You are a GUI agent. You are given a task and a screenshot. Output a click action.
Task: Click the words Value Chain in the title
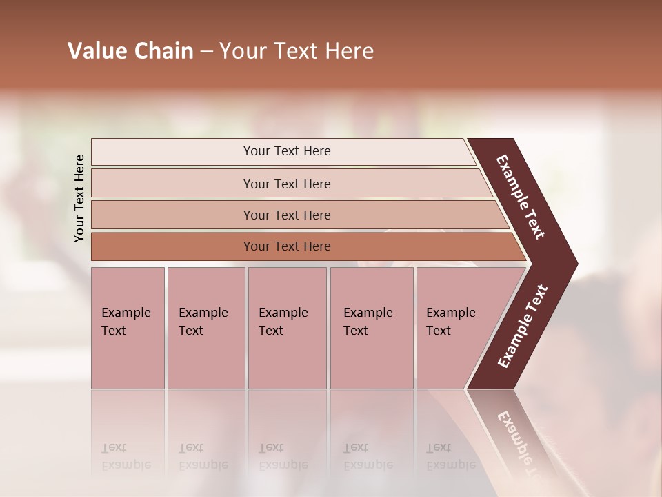[x=130, y=51]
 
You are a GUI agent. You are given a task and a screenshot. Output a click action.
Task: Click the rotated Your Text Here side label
[x=79, y=198]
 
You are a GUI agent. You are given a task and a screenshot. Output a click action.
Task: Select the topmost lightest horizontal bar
[x=172, y=152]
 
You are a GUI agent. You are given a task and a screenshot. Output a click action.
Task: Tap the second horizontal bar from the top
[x=172, y=184]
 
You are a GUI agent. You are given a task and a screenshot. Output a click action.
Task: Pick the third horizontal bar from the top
[x=172, y=215]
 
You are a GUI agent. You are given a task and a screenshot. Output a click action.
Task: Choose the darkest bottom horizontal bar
[x=172, y=246]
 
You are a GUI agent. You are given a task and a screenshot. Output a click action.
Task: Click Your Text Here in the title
[x=297, y=51]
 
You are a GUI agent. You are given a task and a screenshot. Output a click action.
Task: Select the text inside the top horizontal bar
[x=287, y=151]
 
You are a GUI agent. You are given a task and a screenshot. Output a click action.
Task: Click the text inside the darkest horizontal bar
[x=287, y=246]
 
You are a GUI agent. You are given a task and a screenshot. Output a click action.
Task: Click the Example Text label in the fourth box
[x=368, y=322]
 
